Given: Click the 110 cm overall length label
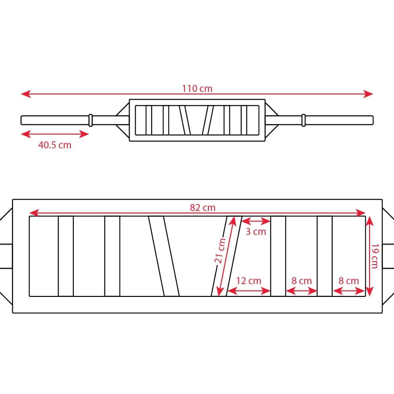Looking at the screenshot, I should click(x=197, y=89).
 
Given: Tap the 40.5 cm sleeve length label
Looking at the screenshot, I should click(x=55, y=145).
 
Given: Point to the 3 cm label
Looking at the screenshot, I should click(x=256, y=232).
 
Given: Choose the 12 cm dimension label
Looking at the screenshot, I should click(x=249, y=281).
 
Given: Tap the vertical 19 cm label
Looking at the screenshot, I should click(x=375, y=256).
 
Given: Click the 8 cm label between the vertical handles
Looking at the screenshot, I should click(x=301, y=281).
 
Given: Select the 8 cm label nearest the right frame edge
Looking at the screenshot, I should click(x=349, y=281).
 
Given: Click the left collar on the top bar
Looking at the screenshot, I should click(x=91, y=120).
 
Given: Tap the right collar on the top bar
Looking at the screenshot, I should click(x=304, y=120).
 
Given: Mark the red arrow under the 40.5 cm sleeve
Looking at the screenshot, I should click(x=55, y=134).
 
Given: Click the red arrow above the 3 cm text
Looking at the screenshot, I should click(x=256, y=221).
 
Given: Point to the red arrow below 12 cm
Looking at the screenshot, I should click(x=249, y=291).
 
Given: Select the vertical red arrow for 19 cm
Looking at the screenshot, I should click(x=369, y=256).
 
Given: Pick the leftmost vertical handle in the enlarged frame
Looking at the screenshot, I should click(x=66, y=256).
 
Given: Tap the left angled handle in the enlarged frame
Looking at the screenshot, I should click(x=164, y=256).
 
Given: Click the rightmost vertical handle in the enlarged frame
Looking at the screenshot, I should click(x=325, y=256).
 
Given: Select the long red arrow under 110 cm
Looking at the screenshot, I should click(x=197, y=94).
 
